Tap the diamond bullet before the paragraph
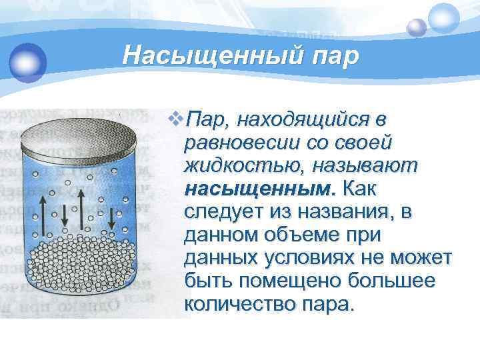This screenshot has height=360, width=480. click(176, 121)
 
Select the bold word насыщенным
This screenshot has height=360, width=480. click(257, 189)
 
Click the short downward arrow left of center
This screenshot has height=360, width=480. click(65, 215)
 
